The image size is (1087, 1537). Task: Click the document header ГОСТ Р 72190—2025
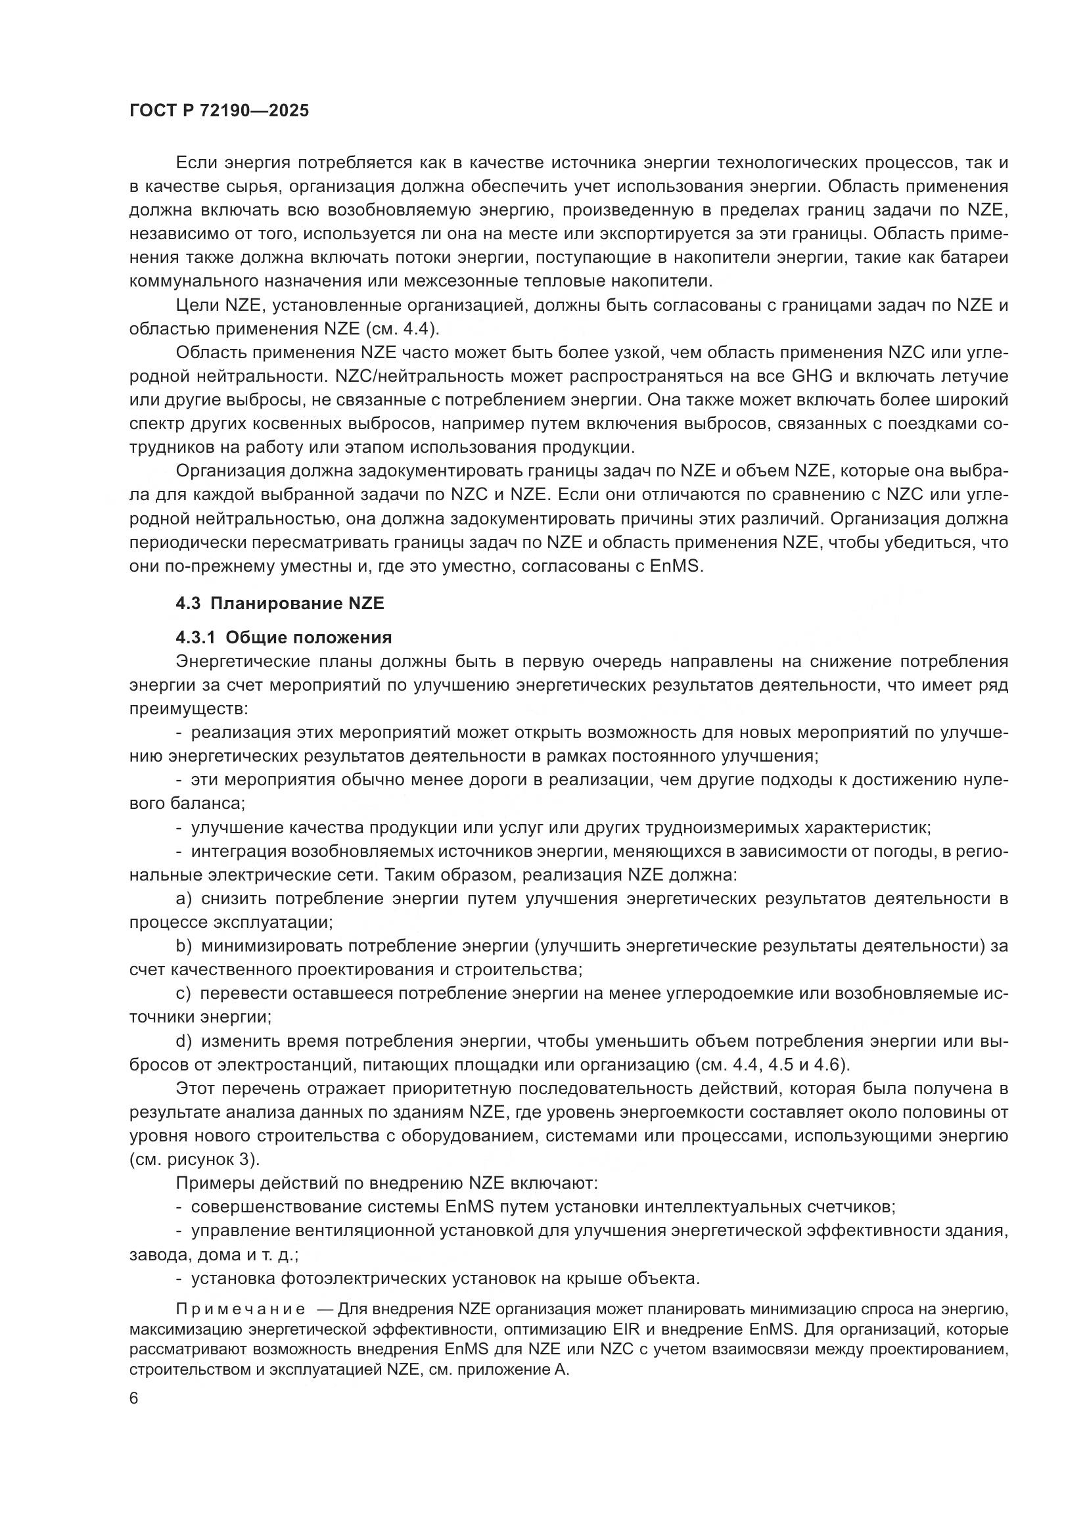pos(219,110)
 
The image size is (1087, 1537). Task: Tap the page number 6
pos(134,1398)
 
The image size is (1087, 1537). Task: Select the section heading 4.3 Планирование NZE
pos(280,603)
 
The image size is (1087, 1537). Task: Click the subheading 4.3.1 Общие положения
pos(284,636)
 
